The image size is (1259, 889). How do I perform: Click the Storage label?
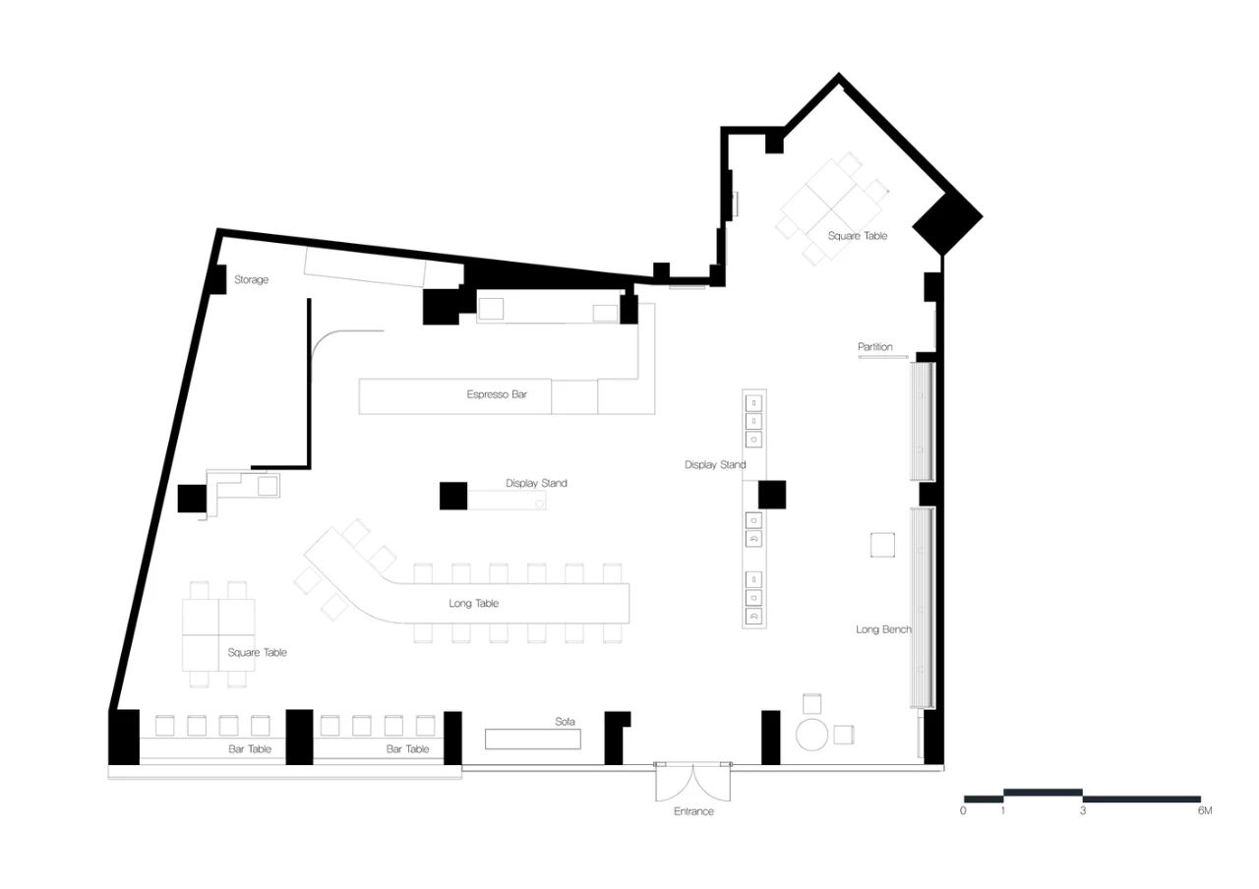(x=251, y=280)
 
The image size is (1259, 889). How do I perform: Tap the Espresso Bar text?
(x=497, y=394)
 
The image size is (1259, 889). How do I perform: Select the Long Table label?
(x=474, y=603)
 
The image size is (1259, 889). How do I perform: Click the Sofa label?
(x=565, y=721)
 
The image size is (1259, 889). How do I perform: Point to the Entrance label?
(x=693, y=811)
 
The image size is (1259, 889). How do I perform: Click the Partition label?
(x=875, y=347)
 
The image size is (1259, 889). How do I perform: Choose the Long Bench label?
(x=883, y=628)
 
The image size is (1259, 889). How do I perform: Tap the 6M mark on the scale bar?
(x=1205, y=811)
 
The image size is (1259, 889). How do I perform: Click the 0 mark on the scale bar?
(x=963, y=811)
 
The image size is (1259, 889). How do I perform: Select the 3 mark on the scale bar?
(x=1083, y=811)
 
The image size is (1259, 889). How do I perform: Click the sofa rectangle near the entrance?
(x=533, y=739)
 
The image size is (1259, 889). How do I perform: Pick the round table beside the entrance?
(x=813, y=734)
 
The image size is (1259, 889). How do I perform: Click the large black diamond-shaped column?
(x=947, y=224)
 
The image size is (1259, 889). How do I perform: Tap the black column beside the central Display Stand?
(x=453, y=496)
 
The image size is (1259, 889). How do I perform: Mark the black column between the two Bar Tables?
(x=299, y=737)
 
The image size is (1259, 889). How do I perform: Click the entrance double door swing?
(x=693, y=783)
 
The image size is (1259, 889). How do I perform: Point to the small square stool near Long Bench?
(x=882, y=545)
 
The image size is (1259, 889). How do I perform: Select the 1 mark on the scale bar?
(x=1003, y=811)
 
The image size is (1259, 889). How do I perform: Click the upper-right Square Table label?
(x=857, y=236)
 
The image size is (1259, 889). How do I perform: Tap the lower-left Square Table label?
(x=258, y=652)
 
